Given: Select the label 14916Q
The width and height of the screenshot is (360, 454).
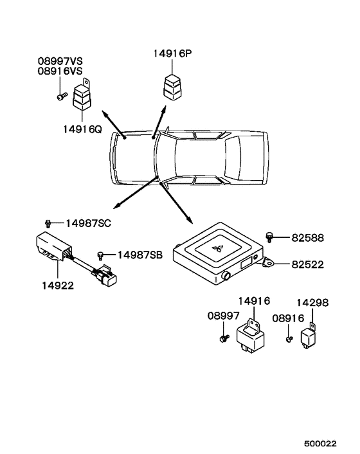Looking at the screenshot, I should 82,128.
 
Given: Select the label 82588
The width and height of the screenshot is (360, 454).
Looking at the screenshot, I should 307,238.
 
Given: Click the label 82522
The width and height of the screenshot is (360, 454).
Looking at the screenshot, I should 307,264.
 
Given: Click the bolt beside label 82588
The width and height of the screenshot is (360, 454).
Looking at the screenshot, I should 271,238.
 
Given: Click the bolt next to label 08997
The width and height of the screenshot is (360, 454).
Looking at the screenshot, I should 222,338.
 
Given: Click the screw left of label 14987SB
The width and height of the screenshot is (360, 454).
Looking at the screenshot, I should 101,255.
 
